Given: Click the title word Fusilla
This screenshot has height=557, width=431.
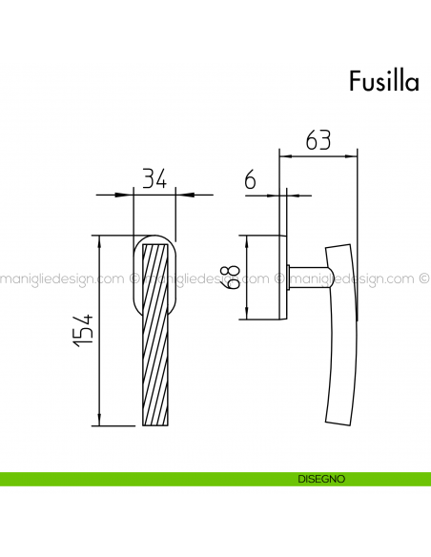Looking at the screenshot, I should pyautogui.click(x=382, y=81).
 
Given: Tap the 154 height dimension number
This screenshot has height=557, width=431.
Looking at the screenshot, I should pyautogui.click(x=84, y=329).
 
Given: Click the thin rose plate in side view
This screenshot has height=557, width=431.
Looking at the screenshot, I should pyautogui.click(x=283, y=277).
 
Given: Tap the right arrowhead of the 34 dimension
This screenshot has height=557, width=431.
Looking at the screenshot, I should pyautogui.click(x=183, y=195).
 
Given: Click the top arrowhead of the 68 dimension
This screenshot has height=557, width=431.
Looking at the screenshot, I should pyautogui.click(x=247, y=239).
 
